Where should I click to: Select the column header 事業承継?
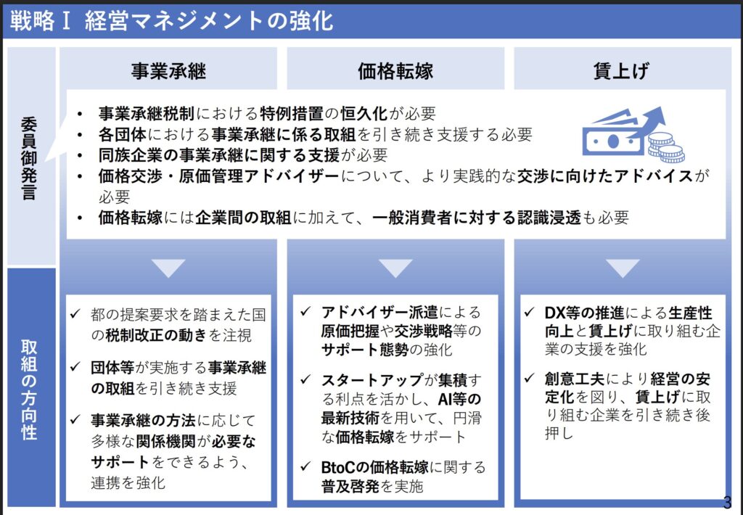point(168,71)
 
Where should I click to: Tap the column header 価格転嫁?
point(395,71)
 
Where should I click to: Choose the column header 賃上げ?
point(622,71)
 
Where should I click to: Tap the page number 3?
point(728,502)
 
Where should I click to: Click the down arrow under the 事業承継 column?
point(168,268)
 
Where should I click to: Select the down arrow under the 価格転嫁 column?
point(395,268)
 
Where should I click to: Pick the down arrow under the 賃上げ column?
point(622,268)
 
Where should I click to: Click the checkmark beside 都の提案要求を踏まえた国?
point(75,315)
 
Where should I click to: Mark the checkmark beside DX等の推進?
point(530,313)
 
